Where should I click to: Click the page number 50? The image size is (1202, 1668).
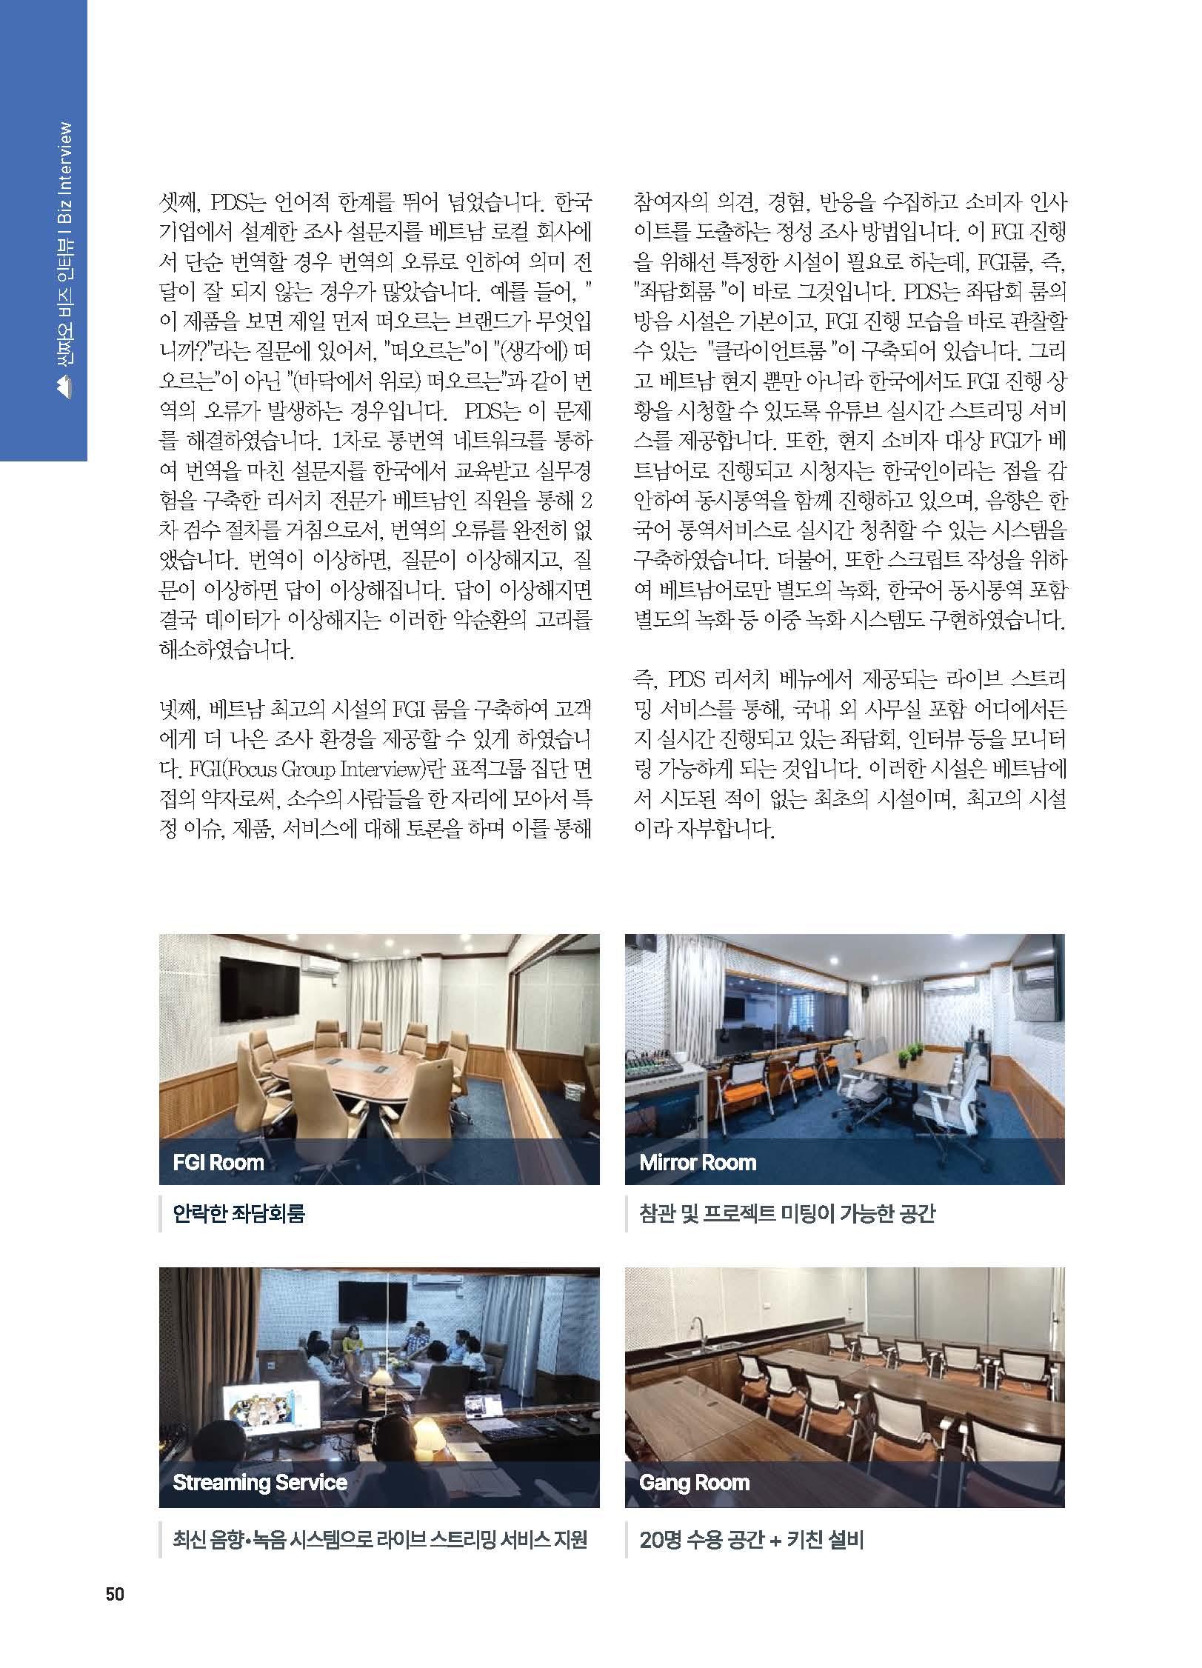click(x=115, y=1594)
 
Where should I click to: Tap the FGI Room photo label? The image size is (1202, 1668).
click(x=218, y=1161)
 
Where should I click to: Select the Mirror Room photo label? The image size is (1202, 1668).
click(x=698, y=1161)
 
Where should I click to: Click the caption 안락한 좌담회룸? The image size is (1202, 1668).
click(x=238, y=1214)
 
